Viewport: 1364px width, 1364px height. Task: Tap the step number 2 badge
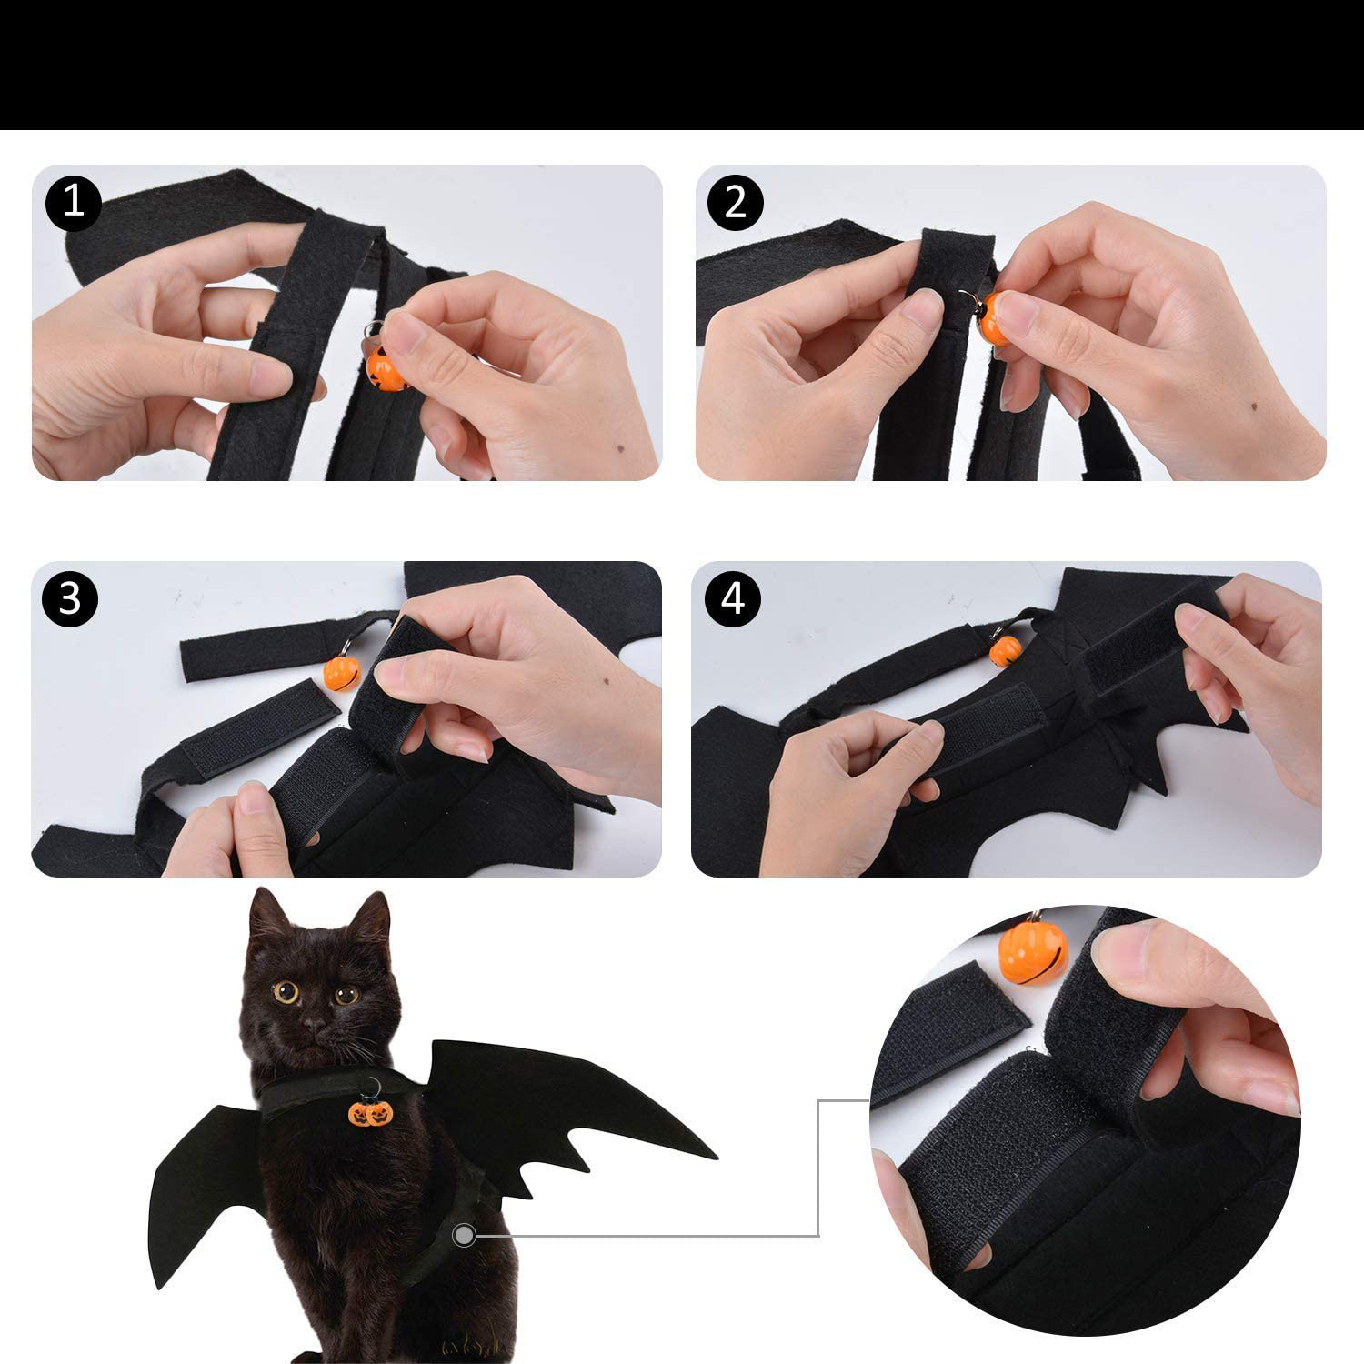pos(736,202)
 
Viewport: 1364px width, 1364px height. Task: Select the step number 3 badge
pos(70,599)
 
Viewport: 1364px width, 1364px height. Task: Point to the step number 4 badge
pos(734,599)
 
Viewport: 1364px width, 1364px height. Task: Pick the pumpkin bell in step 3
pos(342,671)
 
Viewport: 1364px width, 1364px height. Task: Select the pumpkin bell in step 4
pos(1005,649)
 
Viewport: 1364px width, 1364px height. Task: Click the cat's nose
pos(313,1026)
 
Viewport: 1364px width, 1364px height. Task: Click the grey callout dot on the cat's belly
pos(465,1235)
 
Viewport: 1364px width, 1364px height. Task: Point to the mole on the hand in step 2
pos(1256,406)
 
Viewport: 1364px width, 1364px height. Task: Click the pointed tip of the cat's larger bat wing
pos(717,1158)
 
